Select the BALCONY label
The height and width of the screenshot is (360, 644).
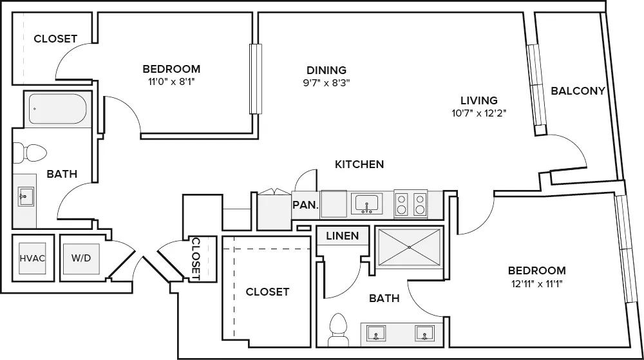[x=578, y=91]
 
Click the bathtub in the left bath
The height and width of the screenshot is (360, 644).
[x=58, y=110]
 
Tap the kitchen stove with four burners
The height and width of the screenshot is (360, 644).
[x=411, y=205]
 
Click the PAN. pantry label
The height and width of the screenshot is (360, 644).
[x=305, y=205]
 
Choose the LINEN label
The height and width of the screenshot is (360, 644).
[x=342, y=236]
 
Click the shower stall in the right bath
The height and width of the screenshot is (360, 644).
[x=409, y=247]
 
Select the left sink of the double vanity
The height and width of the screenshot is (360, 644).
[x=375, y=333]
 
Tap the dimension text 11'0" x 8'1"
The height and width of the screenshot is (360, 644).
[x=171, y=82]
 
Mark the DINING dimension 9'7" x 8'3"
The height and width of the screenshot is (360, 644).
[x=327, y=82]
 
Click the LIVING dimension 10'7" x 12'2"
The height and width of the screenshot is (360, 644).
[x=478, y=113]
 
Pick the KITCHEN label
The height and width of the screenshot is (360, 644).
[x=359, y=164]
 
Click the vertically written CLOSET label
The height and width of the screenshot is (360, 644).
[x=196, y=258]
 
